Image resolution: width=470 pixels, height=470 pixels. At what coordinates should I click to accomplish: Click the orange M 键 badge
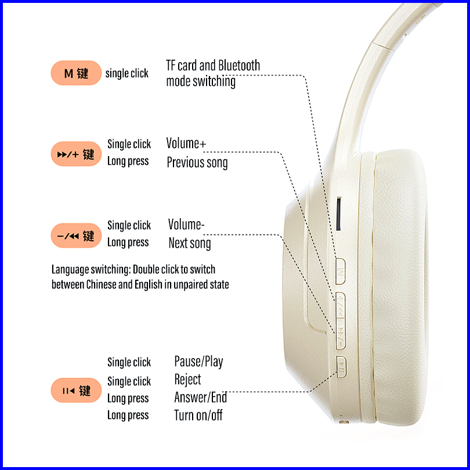[76, 73]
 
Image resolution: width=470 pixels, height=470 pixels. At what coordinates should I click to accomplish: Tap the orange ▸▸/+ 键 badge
[76, 154]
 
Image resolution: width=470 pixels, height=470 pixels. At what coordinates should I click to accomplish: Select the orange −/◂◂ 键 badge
[76, 236]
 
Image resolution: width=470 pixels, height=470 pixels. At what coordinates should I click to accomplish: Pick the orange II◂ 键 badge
[76, 391]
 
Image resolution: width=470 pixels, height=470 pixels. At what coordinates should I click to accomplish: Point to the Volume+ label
[186, 143]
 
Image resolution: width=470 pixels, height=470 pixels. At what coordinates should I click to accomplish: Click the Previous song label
[197, 162]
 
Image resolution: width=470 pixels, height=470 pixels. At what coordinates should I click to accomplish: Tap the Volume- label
[186, 225]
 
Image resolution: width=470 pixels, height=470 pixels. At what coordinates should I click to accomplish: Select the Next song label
[189, 243]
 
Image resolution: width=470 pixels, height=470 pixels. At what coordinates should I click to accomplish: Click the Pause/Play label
[198, 362]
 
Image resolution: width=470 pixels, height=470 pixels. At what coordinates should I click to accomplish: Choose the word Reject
[187, 380]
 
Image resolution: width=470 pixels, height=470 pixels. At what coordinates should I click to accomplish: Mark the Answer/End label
[200, 398]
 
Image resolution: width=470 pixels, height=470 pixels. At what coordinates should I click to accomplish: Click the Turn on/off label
[198, 415]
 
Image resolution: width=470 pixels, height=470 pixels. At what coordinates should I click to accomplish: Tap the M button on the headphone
[341, 271]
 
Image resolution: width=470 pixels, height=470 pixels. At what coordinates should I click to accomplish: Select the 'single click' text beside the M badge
[126, 74]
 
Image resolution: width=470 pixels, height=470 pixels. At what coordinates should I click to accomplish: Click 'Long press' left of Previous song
[128, 161]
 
